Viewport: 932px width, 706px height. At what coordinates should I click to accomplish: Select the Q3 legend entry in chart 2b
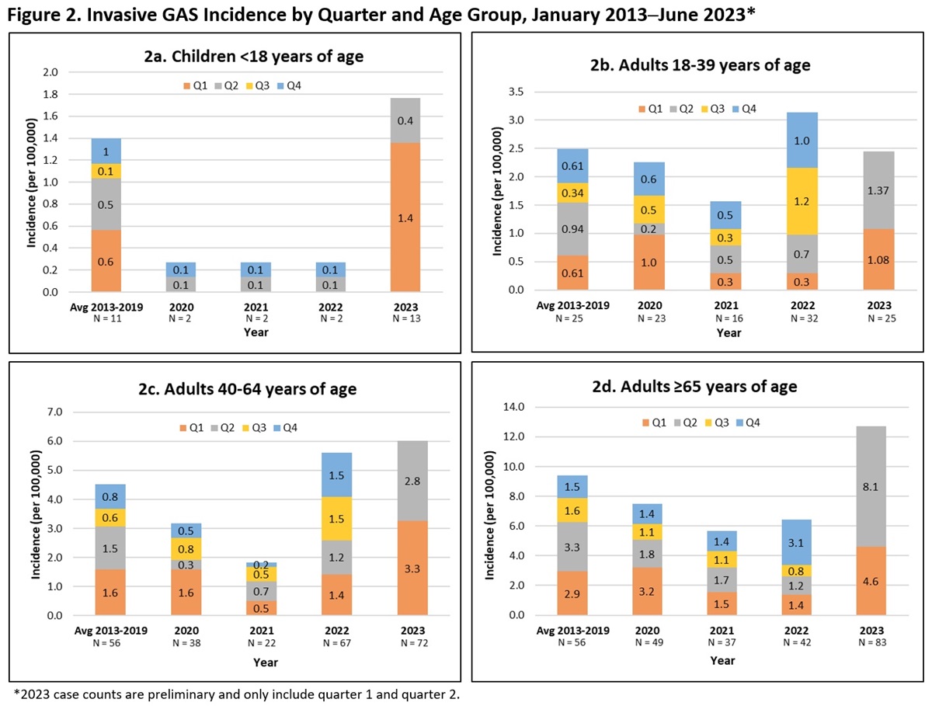[729, 109]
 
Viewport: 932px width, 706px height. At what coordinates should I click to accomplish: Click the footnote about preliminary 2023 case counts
[237, 693]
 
